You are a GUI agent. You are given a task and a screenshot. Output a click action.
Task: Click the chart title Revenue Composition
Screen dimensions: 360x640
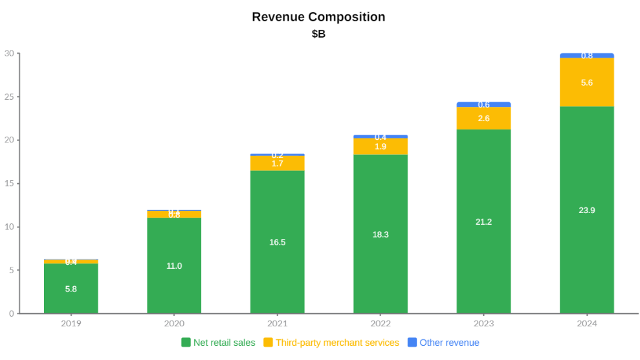[x=318, y=17]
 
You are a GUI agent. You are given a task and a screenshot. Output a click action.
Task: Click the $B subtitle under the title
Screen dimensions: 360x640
[x=318, y=34]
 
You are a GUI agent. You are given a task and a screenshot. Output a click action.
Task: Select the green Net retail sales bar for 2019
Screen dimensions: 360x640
[x=71, y=288]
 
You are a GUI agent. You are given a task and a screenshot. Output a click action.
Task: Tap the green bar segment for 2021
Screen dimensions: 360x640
[x=278, y=242]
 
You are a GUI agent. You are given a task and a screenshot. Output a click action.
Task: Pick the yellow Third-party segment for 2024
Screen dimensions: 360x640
[x=587, y=82]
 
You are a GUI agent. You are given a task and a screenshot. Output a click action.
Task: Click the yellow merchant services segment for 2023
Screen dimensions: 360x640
[x=483, y=118]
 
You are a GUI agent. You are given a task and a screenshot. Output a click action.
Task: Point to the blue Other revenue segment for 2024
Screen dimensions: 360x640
[x=587, y=56]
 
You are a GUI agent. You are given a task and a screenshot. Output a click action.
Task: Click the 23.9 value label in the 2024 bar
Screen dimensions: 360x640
[x=587, y=210]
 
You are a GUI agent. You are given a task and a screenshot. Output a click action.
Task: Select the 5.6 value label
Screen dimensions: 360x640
[x=587, y=83]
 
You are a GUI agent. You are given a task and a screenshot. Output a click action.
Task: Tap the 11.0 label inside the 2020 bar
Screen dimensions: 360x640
[x=174, y=266]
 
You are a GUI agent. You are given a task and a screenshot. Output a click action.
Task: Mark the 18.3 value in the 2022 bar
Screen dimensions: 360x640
[x=381, y=234]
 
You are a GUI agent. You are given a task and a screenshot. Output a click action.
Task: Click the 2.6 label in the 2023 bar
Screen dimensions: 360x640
[x=483, y=118]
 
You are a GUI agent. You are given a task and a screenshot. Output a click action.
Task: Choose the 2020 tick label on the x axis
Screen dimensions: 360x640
[x=174, y=324]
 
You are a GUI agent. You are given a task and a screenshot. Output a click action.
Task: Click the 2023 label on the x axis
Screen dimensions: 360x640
[x=483, y=324]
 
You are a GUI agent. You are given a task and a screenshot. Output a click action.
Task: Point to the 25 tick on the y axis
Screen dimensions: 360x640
[x=9, y=97]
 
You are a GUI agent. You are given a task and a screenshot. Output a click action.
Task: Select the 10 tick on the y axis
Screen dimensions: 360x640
[x=9, y=227]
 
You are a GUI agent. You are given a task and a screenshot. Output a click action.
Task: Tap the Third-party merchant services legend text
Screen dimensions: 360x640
[x=337, y=343]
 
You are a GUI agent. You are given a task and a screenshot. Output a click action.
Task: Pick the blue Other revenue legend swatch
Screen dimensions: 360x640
[x=412, y=343]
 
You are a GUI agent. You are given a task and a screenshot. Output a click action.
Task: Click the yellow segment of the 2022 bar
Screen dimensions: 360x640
[x=381, y=146]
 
